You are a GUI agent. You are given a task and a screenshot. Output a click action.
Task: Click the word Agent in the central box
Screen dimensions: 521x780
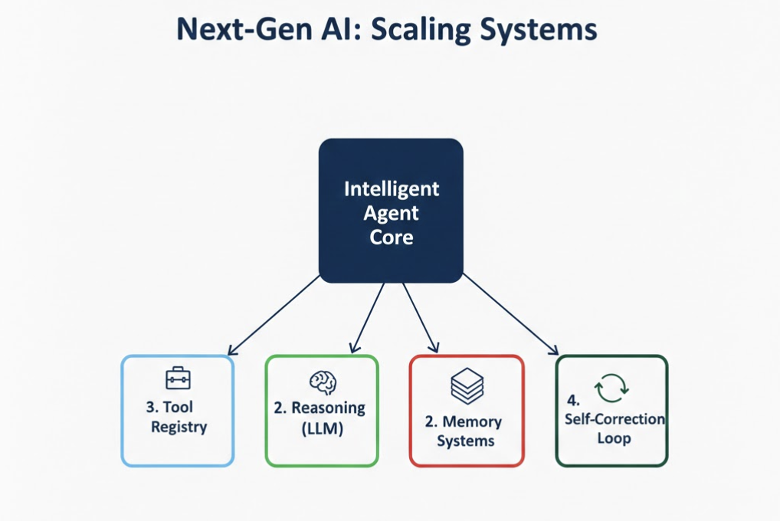(391, 212)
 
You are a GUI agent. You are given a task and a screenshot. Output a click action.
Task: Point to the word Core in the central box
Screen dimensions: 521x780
(391, 237)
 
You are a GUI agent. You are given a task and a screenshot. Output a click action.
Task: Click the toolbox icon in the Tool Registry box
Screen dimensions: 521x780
(178, 378)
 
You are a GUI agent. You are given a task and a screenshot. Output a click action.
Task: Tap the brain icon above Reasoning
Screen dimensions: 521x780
(323, 382)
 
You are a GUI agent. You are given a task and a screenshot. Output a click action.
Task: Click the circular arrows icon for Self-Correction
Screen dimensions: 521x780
(611, 388)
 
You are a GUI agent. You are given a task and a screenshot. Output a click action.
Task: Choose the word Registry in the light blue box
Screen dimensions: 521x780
(179, 427)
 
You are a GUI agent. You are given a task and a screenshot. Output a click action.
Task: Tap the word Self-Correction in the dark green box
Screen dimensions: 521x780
(614, 419)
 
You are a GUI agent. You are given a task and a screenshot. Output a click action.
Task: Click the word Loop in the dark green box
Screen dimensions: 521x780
(614, 438)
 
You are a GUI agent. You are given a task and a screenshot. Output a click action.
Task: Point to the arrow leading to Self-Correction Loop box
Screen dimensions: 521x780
(510, 315)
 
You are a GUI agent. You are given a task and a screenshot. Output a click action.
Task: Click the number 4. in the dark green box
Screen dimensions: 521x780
(573, 400)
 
